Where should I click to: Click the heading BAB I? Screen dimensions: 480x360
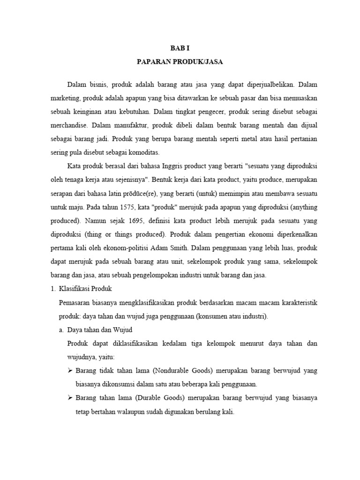[180, 48]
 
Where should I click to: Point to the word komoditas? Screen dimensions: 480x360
[143, 153]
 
